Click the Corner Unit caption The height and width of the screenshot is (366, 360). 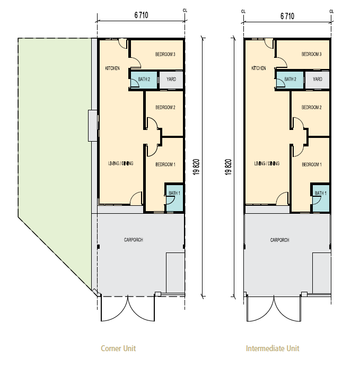click(x=118, y=348)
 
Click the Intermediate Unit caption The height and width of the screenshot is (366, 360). click(x=273, y=348)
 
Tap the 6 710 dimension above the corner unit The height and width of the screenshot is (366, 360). click(x=141, y=15)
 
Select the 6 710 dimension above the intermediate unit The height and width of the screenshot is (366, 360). click(x=287, y=16)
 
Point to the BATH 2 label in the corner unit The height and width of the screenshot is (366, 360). click(x=144, y=80)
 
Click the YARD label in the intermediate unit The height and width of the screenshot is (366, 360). click(x=318, y=79)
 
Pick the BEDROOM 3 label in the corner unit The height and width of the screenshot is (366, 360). click(x=165, y=55)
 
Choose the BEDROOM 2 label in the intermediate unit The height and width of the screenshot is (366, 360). click(x=311, y=107)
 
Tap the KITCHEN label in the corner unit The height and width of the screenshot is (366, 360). click(x=112, y=68)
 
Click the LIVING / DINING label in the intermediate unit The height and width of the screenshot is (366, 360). click(x=267, y=163)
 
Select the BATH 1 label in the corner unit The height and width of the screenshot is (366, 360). click(x=174, y=193)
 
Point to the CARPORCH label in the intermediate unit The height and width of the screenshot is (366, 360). click(x=279, y=240)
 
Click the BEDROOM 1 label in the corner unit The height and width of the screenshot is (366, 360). click(x=165, y=164)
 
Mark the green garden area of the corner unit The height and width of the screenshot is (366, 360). click(x=55, y=140)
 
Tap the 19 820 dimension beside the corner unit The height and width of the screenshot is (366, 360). click(x=196, y=167)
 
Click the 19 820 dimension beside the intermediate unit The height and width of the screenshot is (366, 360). click(x=228, y=167)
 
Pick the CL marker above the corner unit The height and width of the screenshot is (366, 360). click(x=185, y=11)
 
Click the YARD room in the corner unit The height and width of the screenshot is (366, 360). click(x=171, y=80)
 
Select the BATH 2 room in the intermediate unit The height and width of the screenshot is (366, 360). click(x=290, y=80)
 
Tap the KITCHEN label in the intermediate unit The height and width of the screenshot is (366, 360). click(x=259, y=68)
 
